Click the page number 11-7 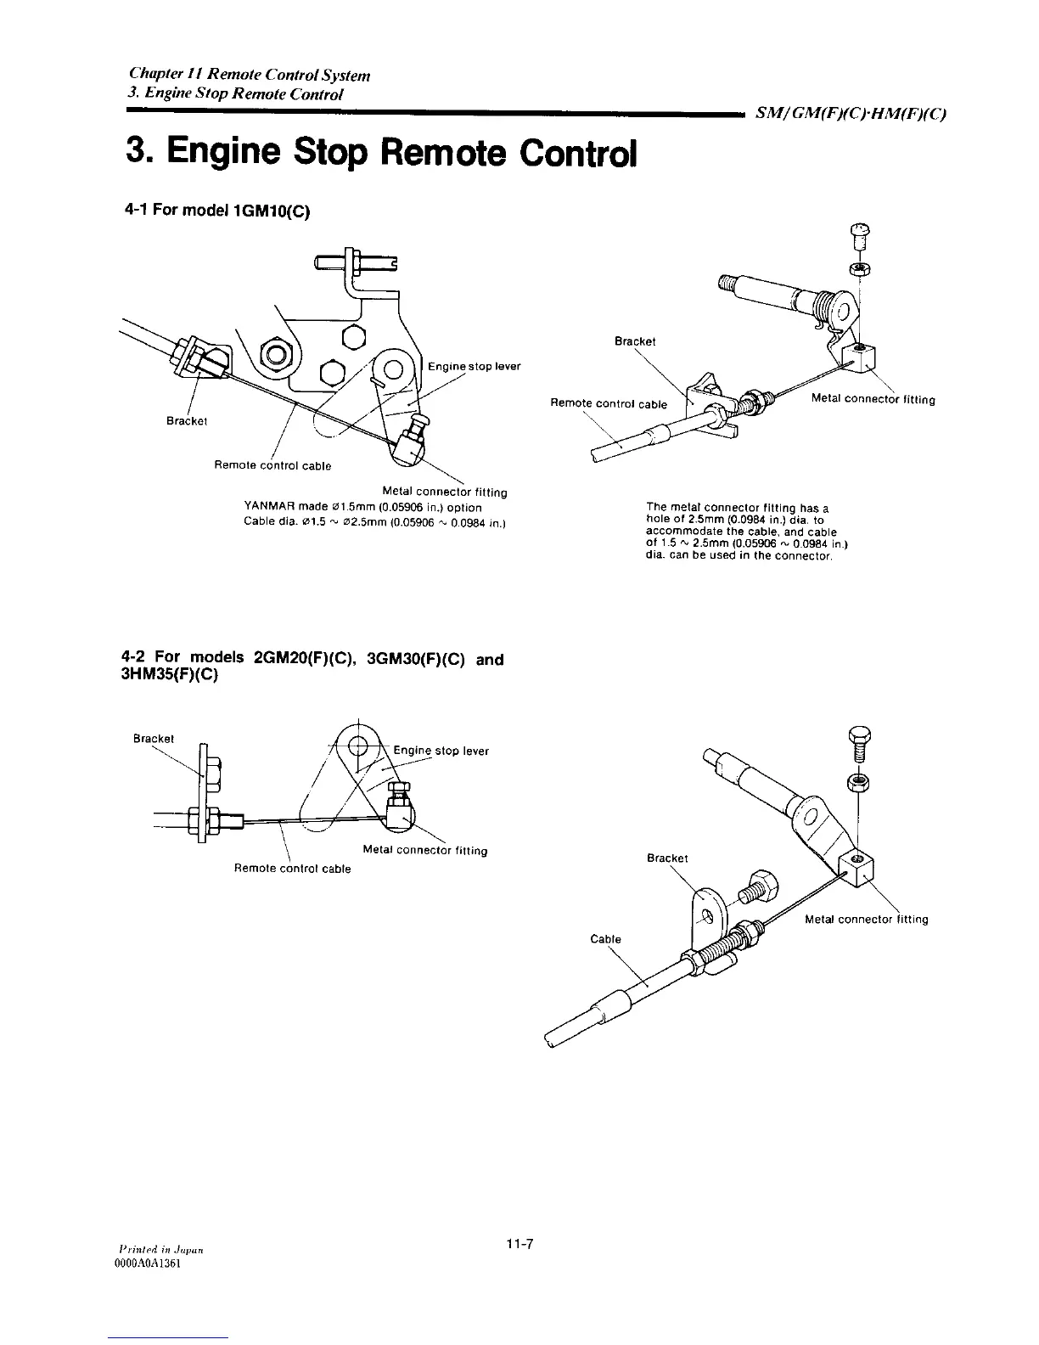click(x=519, y=1244)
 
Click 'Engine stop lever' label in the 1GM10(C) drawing click(x=474, y=367)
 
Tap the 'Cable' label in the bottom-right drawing click(x=606, y=939)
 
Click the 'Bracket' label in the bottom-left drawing click(x=154, y=739)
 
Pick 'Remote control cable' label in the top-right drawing click(x=607, y=404)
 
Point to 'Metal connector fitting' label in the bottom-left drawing click(x=424, y=850)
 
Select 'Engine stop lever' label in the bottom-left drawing click(x=441, y=751)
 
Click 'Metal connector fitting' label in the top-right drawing click(x=873, y=399)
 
